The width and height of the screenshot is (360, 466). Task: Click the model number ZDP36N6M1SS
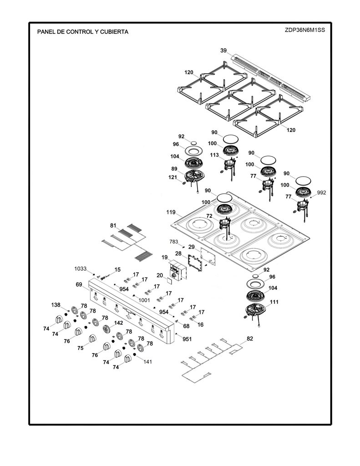coord(305,30)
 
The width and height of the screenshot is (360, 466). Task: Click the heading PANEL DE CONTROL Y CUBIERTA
coord(83,32)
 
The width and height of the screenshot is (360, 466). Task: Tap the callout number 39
coord(223,51)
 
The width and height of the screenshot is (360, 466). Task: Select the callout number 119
coord(171,212)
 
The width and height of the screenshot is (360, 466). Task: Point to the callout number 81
coord(113,226)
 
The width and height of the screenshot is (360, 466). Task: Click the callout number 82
coord(250,339)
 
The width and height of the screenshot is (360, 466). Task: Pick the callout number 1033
coord(80,268)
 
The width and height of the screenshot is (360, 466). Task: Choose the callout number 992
coord(321,192)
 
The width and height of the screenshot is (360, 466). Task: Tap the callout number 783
coord(173,242)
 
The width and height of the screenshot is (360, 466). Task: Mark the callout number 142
coord(118,323)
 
